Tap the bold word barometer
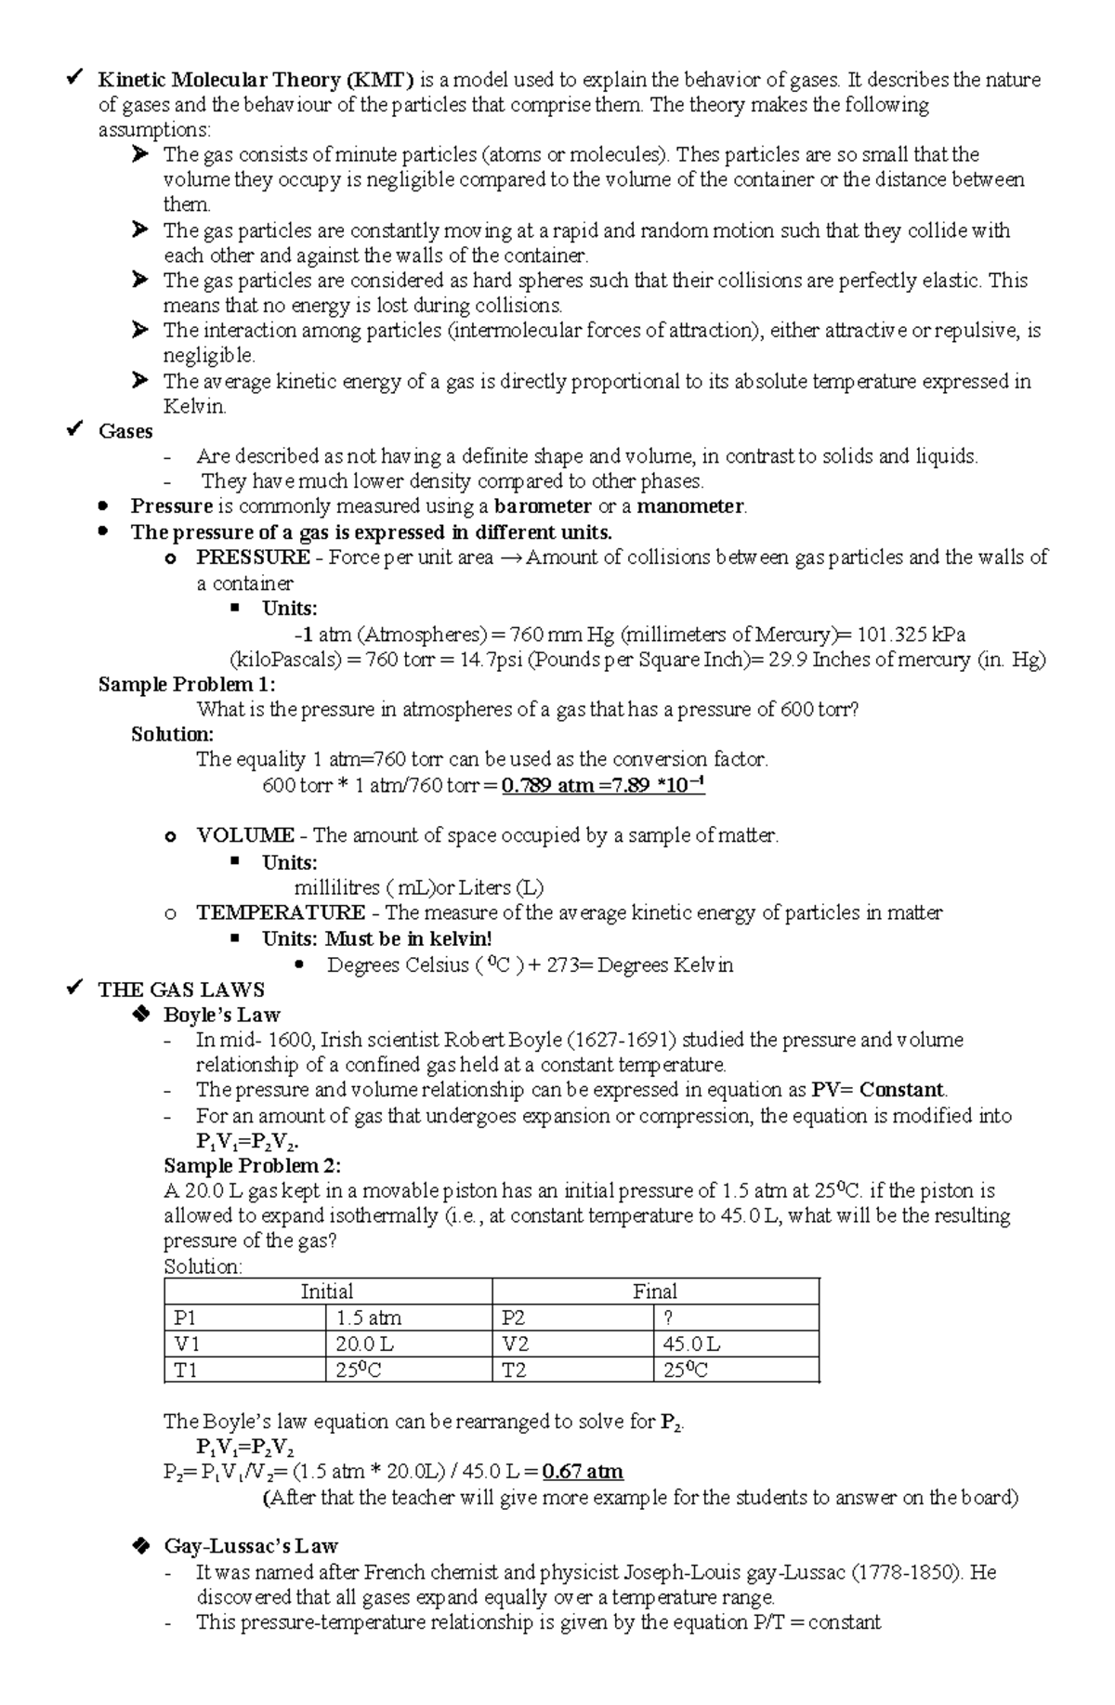(x=543, y=506)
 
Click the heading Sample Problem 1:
(x=187, y=685)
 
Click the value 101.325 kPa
(x=911, y=635)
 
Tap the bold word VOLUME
(x=245, y=835)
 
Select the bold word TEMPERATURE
(x=281, y=912)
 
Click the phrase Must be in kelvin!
(x=408, y=938)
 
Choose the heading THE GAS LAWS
(x=181, y=990)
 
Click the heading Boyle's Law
(x=221, y=1015)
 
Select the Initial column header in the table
(x=327, y=1292)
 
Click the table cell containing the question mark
(x=668, y=1318)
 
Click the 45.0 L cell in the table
(x=691, y=1344)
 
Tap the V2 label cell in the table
(x=516, y=1344)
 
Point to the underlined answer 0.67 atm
(x=583, y=1472)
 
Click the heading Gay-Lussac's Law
(x=250, y=1547)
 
